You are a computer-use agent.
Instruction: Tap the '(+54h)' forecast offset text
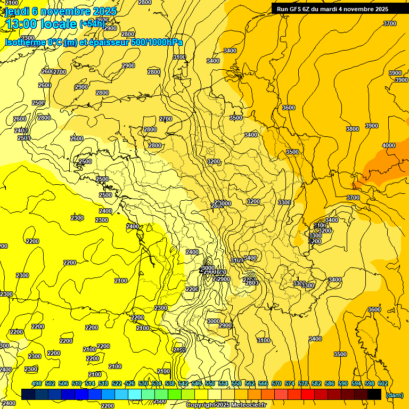(x=92, y=24)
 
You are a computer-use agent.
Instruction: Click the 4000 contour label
(x=389, y=145)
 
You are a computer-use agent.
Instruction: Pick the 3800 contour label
(x=353, y=129)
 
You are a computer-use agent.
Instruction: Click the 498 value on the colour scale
(x=37, y=383)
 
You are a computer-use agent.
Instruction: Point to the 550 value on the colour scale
(x=209, y=383)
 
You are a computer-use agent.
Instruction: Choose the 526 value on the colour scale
(x=129, y=383)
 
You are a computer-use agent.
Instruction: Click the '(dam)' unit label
(x=394, y=395)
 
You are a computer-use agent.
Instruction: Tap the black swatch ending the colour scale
(x=374, y=394)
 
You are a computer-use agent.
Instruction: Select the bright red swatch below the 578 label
(x=308, y=394)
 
